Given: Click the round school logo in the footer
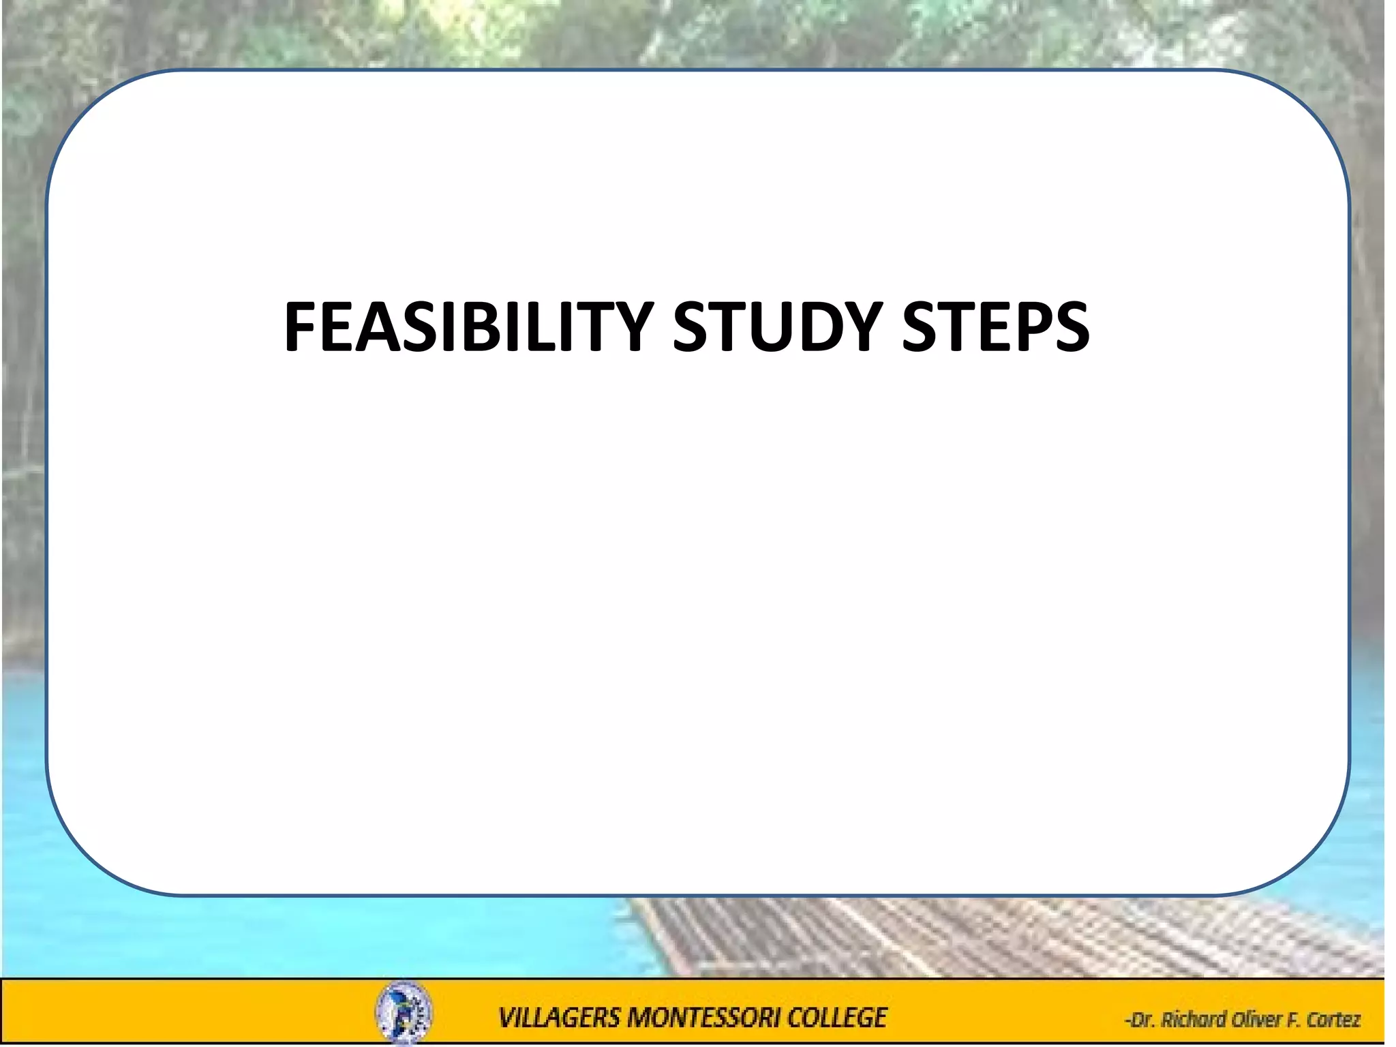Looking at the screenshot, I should pyautogui.click(x=404, y=1013).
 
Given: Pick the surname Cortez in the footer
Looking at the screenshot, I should pyautogui.click(x=1333, y=1020).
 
